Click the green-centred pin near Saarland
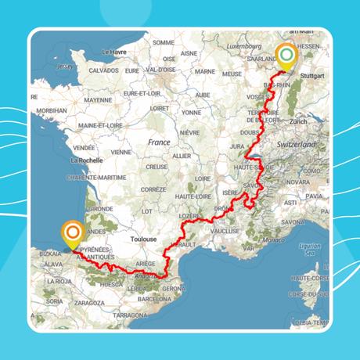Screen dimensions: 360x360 [287, 55]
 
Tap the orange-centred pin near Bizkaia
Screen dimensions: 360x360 [74, 232]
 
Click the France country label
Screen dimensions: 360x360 [159, 142]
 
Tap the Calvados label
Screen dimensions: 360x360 [105, 70]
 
